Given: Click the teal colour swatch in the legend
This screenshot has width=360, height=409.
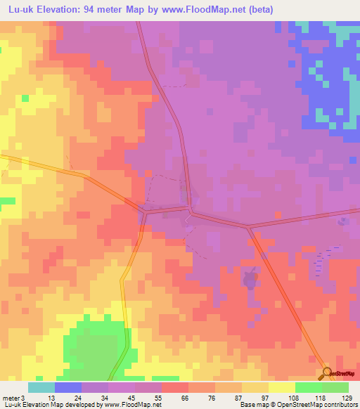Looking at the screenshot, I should click(x=41, y=387).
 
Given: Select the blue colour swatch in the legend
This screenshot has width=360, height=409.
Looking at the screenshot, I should click(x=68, y=387).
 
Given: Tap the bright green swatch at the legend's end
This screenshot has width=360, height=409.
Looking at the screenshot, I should click(x=335, y=387).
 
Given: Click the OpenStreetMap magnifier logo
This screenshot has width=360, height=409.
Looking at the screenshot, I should click(x=327, y=372).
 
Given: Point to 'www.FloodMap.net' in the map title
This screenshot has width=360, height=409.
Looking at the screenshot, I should click(x=207, y=9).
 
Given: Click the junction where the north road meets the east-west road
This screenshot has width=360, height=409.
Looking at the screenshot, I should click(x=190, y=208).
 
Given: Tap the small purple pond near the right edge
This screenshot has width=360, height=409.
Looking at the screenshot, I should click(x=342, y=221).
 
